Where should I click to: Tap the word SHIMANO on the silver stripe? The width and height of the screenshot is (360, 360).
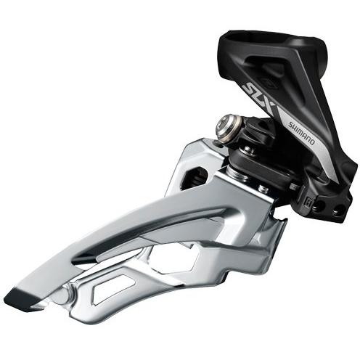[x=301, y=134]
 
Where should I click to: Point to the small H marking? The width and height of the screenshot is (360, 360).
[x=308, y=200]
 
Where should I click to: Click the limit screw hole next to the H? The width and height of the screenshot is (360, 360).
[x=319, y=206]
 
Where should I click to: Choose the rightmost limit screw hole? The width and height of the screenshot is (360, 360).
[x=337, y=210]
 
